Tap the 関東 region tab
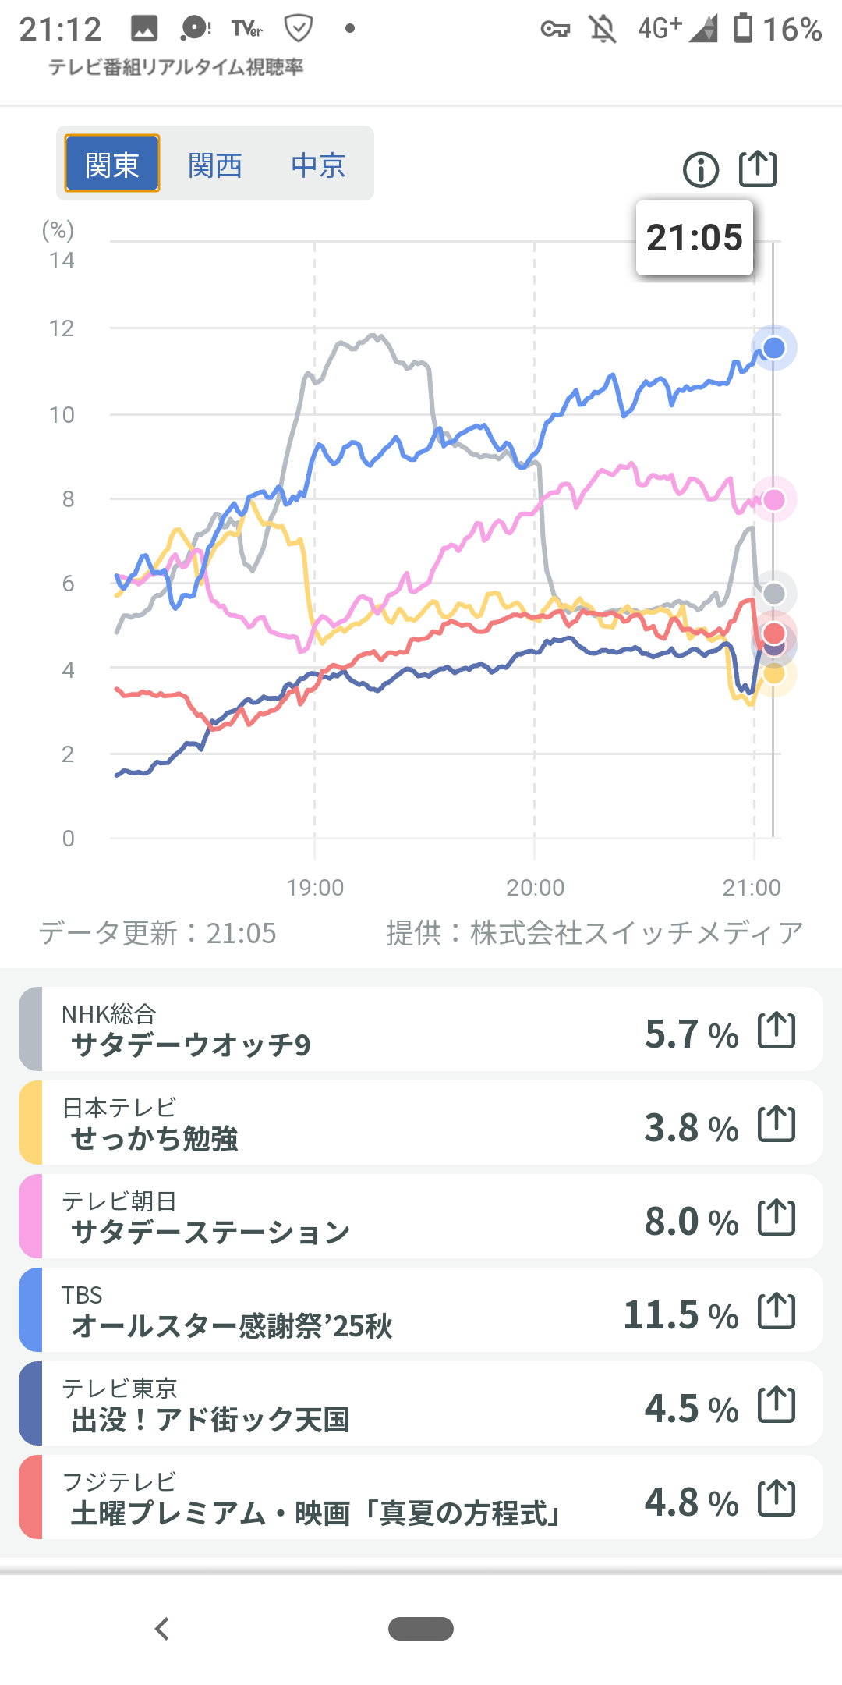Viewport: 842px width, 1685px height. coord(112,164)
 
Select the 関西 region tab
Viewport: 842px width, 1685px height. coord(215,165)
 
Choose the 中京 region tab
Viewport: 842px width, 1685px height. coord(318,165)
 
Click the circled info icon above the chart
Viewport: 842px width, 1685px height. coord(700,169)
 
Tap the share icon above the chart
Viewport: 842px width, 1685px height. coord(758,168)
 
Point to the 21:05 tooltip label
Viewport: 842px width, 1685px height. coord(695,238)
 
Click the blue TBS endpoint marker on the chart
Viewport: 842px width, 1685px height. coord(773,348)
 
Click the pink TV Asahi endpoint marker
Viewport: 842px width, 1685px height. coord(773,500)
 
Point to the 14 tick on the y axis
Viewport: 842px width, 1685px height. coord(62,261)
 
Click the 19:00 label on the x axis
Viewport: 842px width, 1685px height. coord(315,888)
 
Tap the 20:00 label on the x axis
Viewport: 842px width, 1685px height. coord(535,888)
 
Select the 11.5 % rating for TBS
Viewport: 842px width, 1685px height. coord(681,1315)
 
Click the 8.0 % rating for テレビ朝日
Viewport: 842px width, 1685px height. coord(691,1222)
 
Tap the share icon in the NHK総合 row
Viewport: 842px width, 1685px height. coord(777,1031)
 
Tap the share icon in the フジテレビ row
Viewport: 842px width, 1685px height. coord(777,1499)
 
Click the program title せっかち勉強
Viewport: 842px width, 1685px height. coord(154,1139)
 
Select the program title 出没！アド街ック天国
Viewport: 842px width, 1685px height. coord(210,1420)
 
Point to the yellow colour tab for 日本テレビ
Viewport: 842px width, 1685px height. coord(30,1123)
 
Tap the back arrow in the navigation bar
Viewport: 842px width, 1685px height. coord(162,1629)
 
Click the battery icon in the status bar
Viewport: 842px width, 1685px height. coord(744,29)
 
